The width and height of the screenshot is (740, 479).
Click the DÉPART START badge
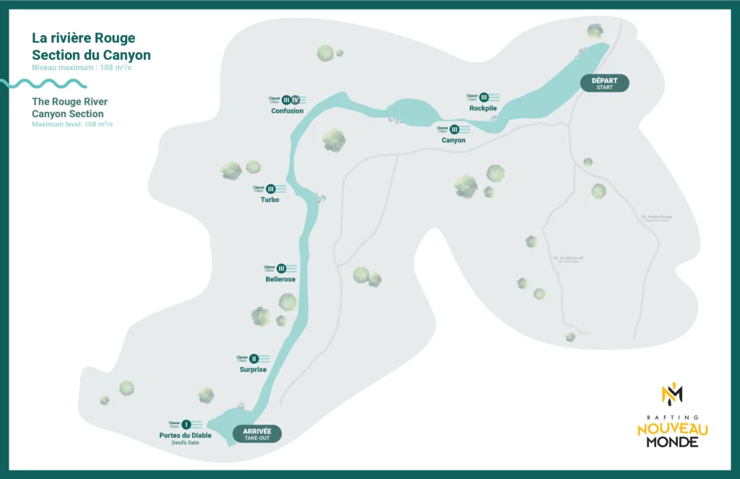[605, 83]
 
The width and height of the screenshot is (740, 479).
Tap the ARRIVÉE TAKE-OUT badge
[257, 433]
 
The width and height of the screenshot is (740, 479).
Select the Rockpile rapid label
[483, 108]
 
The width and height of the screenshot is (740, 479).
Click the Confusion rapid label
[287, 111]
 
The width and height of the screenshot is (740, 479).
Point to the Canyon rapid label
[453, 140]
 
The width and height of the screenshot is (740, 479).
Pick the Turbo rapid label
[270, 199]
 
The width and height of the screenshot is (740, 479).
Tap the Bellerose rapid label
[280, 279]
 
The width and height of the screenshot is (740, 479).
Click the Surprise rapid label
[253, 369]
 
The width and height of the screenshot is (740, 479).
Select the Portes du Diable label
[185, 435]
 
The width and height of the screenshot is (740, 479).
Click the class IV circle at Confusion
[296, 100]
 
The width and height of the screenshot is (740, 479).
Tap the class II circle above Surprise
[254, 358]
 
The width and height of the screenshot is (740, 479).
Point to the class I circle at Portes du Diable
[186, 424]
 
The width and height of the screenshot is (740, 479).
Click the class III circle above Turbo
[271, 189]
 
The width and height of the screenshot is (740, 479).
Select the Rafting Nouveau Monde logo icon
[672, 394]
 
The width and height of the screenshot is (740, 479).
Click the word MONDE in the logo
[672, 441]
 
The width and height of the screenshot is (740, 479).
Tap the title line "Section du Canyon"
[91, 55]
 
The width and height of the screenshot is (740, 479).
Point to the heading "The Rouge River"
[69, 102]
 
